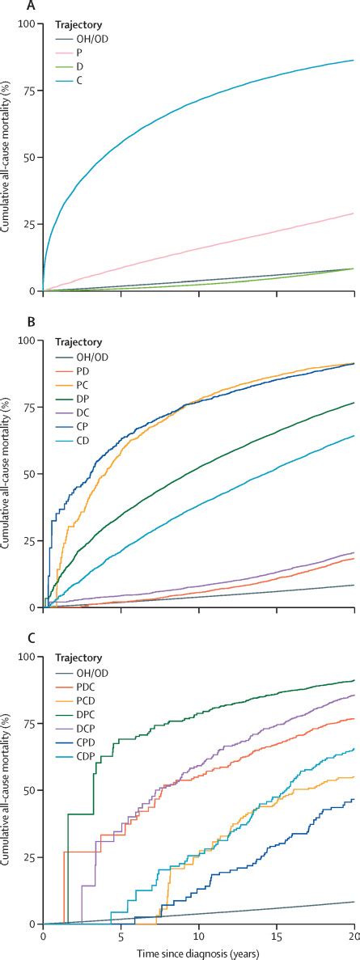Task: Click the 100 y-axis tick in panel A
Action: coord(27,23)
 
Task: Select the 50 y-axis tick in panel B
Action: coord(29,474)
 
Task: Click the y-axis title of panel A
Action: coord(6,157)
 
